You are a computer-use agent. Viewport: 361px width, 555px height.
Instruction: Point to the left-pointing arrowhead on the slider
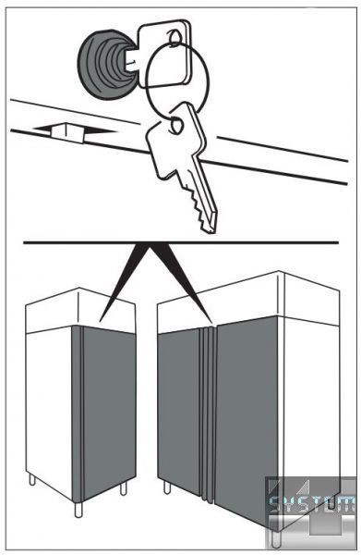point(43,129)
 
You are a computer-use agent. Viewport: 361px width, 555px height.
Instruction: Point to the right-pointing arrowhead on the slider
point(100,130)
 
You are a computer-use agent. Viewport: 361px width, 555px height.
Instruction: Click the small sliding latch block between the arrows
point(67,132)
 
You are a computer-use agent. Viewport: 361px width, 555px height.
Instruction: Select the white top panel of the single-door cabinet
point(80,311)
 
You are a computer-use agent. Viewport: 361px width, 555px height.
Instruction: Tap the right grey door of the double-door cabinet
point(247,418)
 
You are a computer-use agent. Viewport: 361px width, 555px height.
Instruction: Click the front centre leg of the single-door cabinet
point(78,510)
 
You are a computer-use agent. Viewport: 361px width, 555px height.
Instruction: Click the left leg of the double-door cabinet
point(167,487)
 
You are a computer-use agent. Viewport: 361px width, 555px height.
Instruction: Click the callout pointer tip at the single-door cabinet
point(101,321)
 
